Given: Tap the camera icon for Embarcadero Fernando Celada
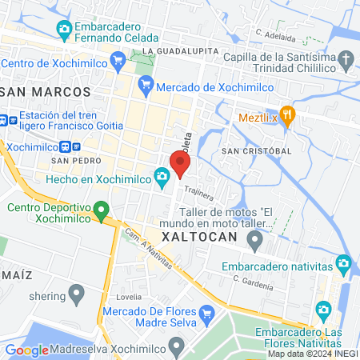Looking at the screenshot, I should click(64, 30).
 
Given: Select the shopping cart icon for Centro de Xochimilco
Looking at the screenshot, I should click(118, 58).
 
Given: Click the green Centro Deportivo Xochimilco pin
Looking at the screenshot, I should click(101, 212).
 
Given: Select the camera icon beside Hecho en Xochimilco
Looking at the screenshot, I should click(162, 175).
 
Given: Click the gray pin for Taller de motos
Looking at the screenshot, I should click(255, 239).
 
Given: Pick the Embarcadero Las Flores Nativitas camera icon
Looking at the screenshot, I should click(323, 309).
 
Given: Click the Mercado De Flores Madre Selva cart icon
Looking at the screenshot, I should click(207, 313).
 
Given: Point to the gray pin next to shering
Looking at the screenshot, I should click(77, 294).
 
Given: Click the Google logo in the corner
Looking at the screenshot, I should click(26, 350).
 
